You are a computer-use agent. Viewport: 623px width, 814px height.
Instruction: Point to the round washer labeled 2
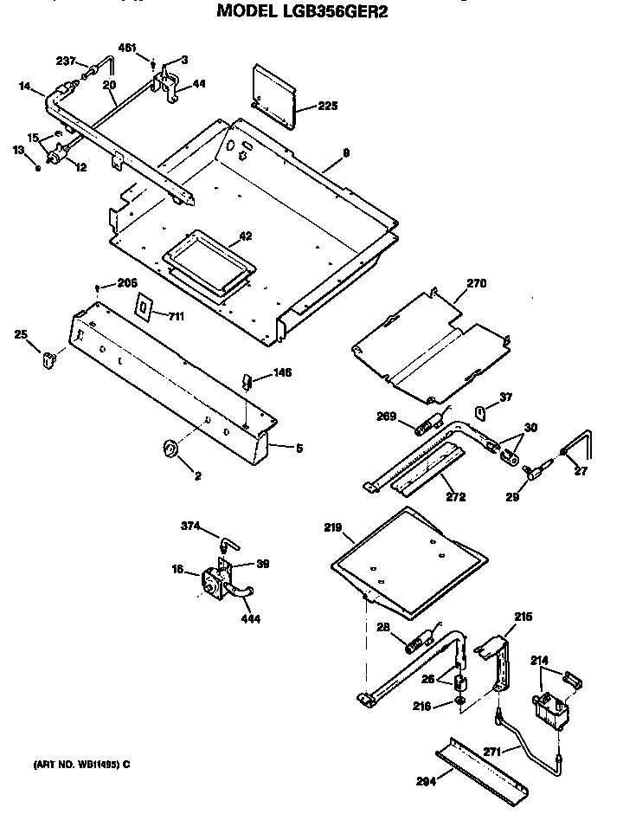(170, 447)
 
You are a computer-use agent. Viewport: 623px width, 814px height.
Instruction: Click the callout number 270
(477, 283)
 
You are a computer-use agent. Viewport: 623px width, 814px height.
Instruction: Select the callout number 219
(333, 527)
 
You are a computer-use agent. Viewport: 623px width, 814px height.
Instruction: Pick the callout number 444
(252, 619)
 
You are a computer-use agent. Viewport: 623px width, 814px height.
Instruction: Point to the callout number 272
(455, 497)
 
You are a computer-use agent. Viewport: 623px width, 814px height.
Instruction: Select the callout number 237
(67, 61)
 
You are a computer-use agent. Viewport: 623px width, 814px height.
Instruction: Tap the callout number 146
(282, 372)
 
